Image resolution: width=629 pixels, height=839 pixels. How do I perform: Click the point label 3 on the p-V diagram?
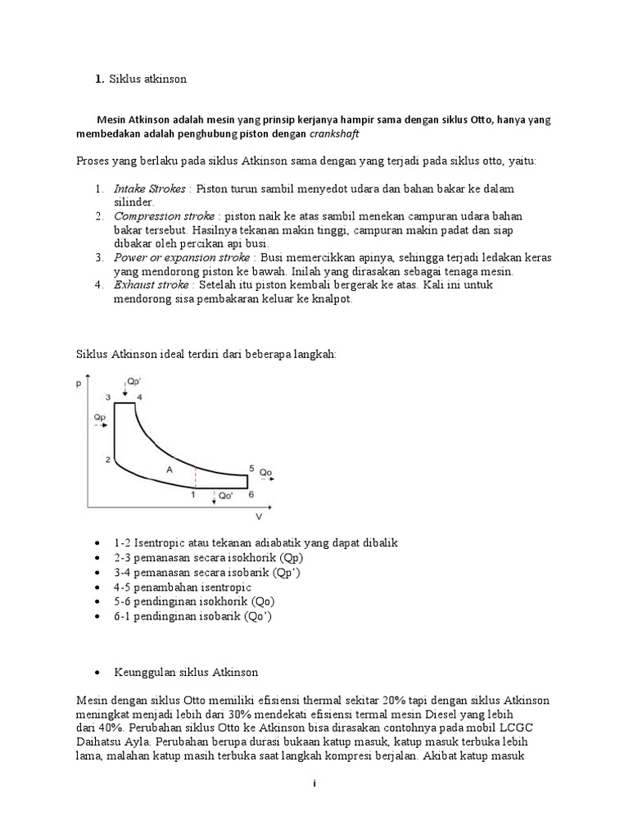pyautogui.click(x=106, y=397)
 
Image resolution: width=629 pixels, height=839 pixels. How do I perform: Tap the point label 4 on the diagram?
pyautogui.click(x=139, y=397)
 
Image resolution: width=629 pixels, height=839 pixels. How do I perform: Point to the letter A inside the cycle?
pyautogui.click(x=169, y=469)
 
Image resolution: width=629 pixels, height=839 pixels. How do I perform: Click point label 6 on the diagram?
pyautogui.click(x=251, y=494)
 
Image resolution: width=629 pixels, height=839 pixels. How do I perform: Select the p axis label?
pyautogui.click(x=80, y=382)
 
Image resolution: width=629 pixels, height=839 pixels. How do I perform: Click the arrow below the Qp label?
pyautogui.click(x=100, y=426)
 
